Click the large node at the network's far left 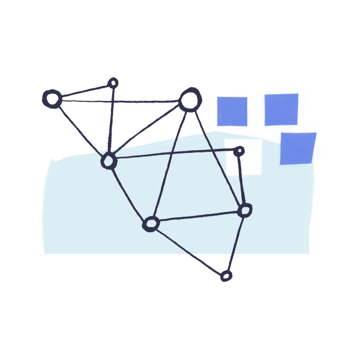pos(52,98)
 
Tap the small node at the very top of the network pos(113,82)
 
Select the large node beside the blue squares pos(190,100)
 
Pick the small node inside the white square pos(239,151)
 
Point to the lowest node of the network pos(226,276)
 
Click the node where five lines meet pos(109,161)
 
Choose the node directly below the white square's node pos(245,210)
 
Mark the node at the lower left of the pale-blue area pos(151,224)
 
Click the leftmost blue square pos(232,112)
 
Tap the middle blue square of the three pos(281,109)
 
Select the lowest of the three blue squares pos(298,148)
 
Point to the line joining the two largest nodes pos(120,100)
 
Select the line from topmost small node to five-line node pos(111,120)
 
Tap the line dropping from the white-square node pos(242,180)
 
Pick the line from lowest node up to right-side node pos(236,242)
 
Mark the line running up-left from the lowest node pos(188,250)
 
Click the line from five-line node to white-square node pos(174,155)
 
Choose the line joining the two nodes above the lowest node pos(198,217)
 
